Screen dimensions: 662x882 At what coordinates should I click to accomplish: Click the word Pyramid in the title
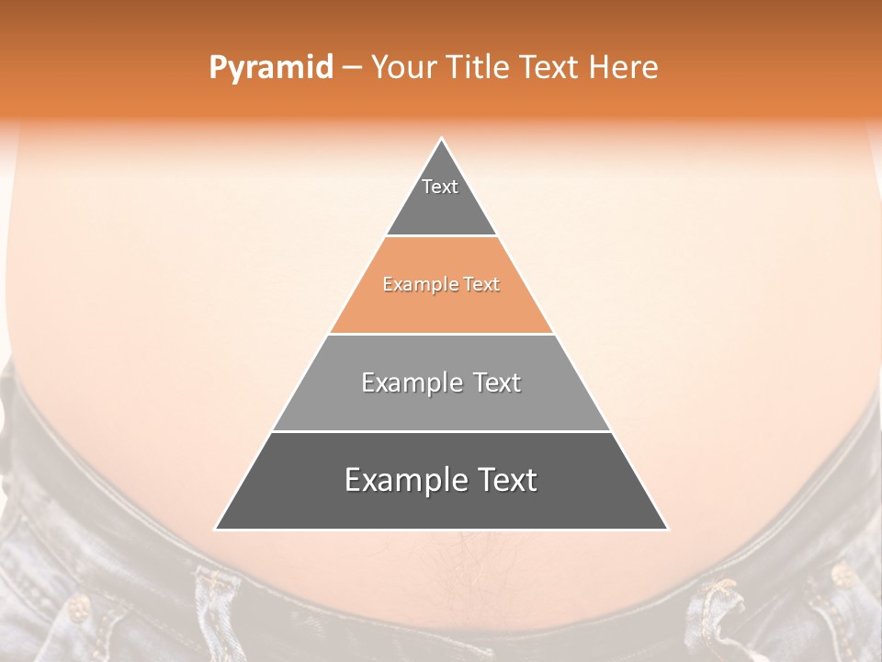tap(270, 68)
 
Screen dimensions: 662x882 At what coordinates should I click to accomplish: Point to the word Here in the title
tap(623, 67)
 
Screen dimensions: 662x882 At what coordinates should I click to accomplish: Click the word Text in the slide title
tap(551, 67)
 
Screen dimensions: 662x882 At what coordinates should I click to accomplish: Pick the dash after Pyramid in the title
tap(352, 68)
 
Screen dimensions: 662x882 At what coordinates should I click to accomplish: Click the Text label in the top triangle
tap(440, 187)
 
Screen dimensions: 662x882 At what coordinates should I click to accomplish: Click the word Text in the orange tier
tap(482, 285)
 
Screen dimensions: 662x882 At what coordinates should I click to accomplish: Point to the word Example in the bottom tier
tap(405, 481)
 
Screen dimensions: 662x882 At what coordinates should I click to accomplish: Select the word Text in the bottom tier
tap(505, 481)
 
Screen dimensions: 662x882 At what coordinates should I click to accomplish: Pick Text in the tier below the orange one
tap(498, 382)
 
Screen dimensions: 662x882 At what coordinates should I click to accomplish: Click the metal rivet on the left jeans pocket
tap(78, 608)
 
